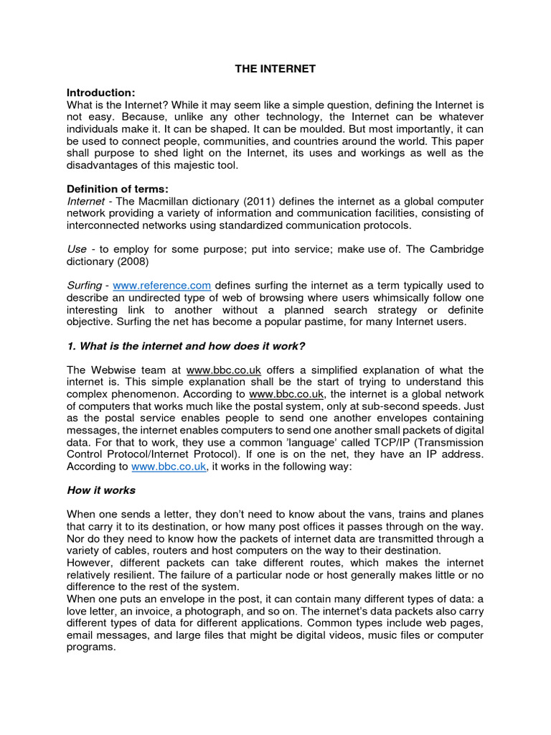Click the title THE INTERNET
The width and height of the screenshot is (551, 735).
coord(275,69)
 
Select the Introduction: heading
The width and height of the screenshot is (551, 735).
coord(100,93)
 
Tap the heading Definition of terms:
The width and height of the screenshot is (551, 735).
coord(117,189)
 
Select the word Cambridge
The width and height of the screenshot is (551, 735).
coord(451,248)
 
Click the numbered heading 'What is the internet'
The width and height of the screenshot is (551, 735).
coord(186,346)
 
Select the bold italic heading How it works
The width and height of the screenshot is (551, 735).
coord(101,490)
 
